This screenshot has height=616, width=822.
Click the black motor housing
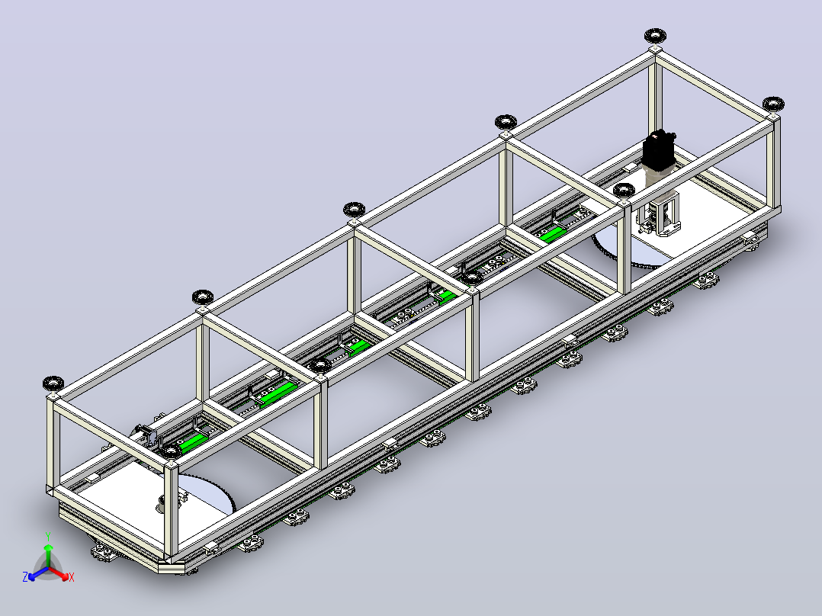(x=660, y=149)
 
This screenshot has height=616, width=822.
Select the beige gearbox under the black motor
(x=658, y=175)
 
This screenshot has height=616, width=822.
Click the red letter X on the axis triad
(x=72, y=578)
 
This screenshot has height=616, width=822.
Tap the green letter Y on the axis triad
(x=48, y=537)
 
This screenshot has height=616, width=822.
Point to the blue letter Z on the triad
(x=25, y=577)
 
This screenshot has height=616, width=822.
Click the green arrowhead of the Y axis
(x=48, y=548)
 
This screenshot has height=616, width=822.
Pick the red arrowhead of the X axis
(x=64, y=576)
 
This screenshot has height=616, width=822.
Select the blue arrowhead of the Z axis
(x=33, y=576)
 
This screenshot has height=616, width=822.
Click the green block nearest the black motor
(x=551, y=234)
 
